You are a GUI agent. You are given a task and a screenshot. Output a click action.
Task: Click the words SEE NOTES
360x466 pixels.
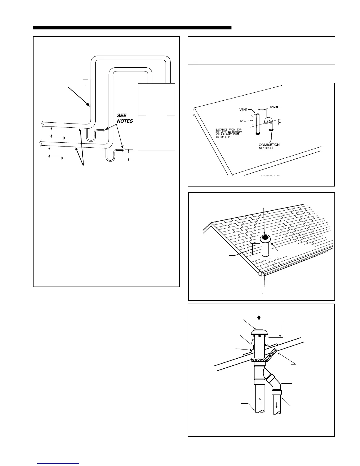(125, 118)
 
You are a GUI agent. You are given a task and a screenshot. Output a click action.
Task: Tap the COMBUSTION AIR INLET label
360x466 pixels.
(269, 147)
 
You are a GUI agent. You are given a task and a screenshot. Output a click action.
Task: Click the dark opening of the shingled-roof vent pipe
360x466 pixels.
(266, 237)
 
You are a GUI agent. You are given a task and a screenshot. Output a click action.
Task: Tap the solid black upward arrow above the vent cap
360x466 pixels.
(259, 317)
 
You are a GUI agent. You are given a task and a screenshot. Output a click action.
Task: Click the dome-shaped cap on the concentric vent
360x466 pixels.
(259, 332)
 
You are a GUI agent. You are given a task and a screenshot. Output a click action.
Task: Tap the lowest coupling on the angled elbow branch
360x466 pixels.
(276, 392)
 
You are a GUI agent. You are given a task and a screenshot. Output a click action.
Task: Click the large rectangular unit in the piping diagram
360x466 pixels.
(156, 117)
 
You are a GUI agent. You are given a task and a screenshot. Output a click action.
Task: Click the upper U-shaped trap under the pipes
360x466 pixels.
(91, 136)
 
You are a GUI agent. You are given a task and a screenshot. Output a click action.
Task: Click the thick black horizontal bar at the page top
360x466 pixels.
(132, 28)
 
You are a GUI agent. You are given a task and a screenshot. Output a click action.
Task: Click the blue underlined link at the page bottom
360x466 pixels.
(58, 463)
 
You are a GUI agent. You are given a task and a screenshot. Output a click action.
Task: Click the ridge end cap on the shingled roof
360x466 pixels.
(260, 273)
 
